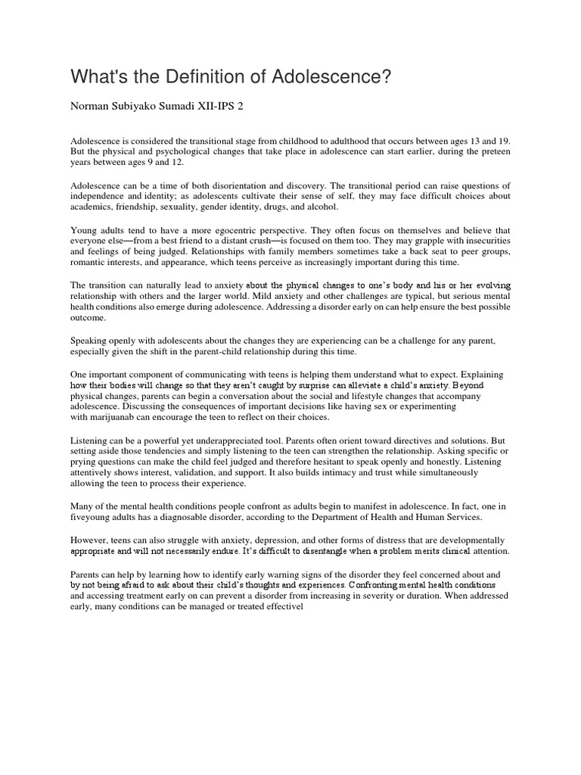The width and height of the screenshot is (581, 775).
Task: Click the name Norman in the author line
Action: (x=91, y=107)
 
